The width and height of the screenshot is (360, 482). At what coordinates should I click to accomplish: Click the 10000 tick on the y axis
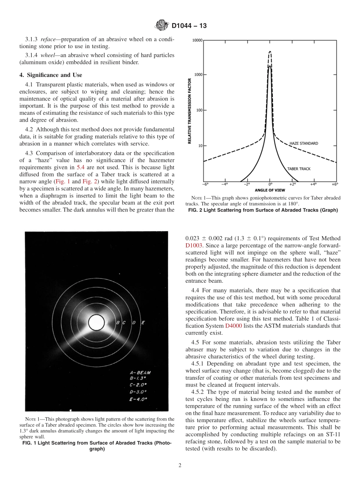coord(198,40)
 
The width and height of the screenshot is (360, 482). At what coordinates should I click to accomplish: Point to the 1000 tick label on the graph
coord(199,75)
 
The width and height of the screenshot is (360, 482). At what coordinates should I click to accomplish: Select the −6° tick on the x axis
coord(205,184)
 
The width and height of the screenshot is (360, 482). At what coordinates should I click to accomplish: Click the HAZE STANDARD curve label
coord(304,144)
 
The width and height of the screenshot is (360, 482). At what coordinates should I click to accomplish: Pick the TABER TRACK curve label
coord(299,169)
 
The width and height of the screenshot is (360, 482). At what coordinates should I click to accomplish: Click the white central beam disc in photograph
coord(96,322)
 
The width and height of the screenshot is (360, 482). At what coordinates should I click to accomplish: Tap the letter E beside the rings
coord(143,322)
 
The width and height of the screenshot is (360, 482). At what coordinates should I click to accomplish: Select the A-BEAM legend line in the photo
coord(140,373)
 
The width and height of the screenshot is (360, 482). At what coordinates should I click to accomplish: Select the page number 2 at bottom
coord(180,466)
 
